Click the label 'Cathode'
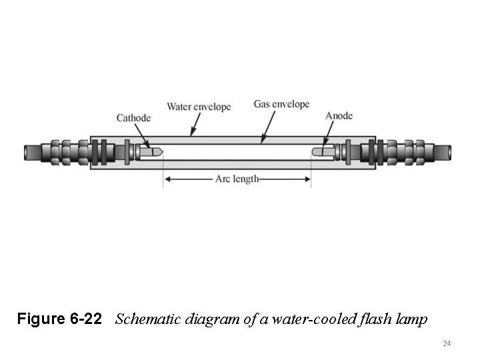pos(133,118)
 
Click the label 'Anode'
pos(339,116)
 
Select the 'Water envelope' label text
pos(199,107)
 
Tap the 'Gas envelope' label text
pos(281,104)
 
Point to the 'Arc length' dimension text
pos(237,179)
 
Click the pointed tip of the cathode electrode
pos(160,152)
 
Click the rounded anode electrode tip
pos(315,152)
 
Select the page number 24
pos(447,343)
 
